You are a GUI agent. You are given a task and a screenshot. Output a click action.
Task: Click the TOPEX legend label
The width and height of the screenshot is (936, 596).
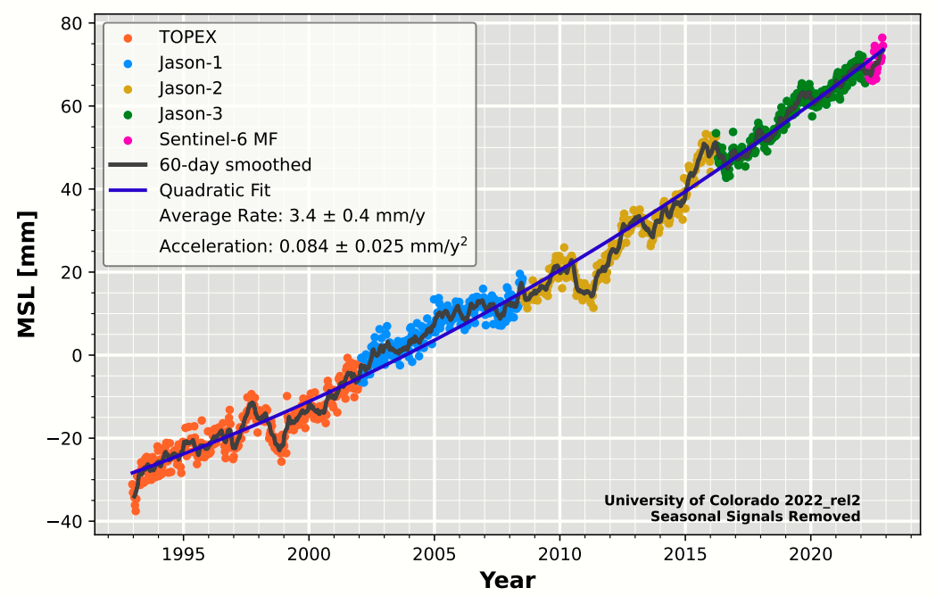point(187,37)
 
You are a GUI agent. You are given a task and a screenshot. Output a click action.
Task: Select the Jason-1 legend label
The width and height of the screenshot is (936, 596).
point(190,62)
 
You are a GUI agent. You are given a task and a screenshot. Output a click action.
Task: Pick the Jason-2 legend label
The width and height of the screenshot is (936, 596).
point(190,88)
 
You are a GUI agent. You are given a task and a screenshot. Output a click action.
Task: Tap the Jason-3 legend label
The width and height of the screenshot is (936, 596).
point(190,113)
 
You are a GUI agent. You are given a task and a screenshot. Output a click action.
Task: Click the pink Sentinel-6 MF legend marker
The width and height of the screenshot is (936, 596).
point(128,139)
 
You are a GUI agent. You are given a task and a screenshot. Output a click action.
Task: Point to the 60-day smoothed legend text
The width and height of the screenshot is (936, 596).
point(235,165)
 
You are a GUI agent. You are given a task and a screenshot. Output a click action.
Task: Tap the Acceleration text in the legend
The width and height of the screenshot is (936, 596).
point(313,245)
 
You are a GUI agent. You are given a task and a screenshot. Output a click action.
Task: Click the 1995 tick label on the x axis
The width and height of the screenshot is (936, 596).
point(185,553)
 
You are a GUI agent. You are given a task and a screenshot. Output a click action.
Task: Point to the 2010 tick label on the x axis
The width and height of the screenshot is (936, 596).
point(560,553)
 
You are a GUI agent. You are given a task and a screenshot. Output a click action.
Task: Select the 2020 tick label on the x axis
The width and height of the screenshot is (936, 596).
point(811,553)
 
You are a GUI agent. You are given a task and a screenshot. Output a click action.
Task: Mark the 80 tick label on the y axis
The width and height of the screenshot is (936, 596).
point(72,23)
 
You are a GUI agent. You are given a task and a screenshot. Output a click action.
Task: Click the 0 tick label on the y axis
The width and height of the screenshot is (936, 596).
point(78,355)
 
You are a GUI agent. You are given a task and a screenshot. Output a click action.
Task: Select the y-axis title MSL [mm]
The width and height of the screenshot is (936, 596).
point(27,274)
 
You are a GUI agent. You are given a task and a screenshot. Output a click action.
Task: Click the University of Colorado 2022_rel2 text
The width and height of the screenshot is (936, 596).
point(732,501)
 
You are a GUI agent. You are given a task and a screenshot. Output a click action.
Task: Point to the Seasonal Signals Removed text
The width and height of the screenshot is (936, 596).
point(755,516)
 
